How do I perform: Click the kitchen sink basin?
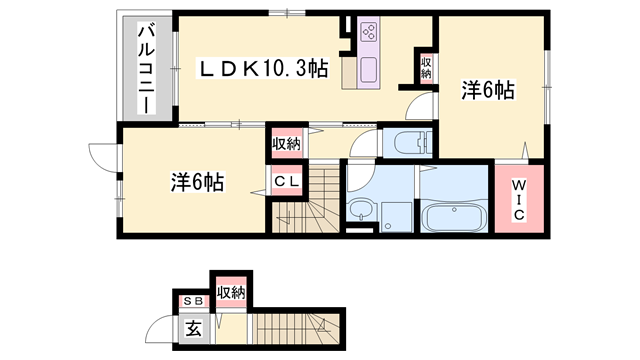click(365, 71)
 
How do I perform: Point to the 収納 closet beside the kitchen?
click(426, 68)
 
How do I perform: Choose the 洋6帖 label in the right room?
click(487, 91)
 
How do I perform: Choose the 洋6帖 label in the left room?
click(196, 182)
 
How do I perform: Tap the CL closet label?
click(284, 182)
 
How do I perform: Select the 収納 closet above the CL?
click(285, 143)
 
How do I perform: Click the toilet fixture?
click(403, 142)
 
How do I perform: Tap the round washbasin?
click(359, 211)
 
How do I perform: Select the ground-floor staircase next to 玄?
click(295, 325)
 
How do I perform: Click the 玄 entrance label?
click(191, 325)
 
